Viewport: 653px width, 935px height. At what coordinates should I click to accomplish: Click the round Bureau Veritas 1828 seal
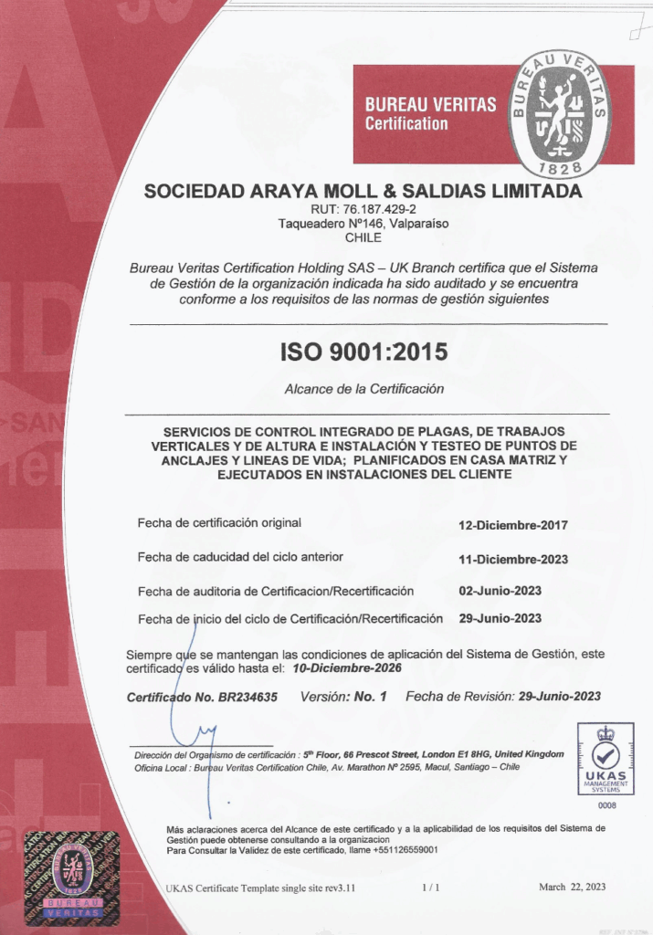560,114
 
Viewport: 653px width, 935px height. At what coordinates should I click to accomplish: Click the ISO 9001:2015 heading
364,352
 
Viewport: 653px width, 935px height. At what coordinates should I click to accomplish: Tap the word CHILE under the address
363,237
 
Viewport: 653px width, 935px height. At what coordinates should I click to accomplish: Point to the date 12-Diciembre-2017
513,525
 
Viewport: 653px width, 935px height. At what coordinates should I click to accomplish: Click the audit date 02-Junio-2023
500,591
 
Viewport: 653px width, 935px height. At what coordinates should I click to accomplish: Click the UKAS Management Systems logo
606,759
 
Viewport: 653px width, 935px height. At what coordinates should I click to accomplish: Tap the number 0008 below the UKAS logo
606,805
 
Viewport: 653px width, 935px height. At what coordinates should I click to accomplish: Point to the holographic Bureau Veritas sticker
64,876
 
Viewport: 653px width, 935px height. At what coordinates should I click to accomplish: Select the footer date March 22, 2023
571,887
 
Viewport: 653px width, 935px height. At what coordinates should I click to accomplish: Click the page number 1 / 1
431,887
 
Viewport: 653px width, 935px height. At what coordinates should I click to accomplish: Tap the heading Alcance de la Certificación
363,388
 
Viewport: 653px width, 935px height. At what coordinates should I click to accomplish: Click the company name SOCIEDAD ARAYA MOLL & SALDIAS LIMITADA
363,192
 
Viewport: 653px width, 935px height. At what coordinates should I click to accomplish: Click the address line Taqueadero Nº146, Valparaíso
363,223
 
